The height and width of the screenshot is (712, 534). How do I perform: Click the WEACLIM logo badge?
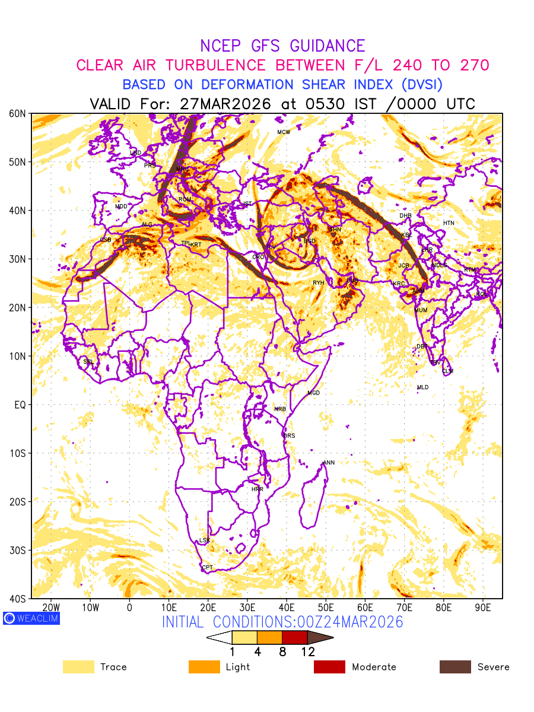pyautogui.click(x=31, y=618)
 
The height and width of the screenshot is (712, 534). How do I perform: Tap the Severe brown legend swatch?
pyautogui.click(x=455, y=667)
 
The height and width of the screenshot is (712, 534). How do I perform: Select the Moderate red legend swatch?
pyautogui.click(x=329, y=667)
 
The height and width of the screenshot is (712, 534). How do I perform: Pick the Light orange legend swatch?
pyautogui.click(x=204, y=667)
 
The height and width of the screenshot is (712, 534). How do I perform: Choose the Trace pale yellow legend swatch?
pyautogui.click(x=78, y=667)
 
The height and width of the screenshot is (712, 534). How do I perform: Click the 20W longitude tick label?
pyautogui.click(x=52, y=608)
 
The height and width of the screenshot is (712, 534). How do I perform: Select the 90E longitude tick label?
pyautogui.click(x=483, y=608)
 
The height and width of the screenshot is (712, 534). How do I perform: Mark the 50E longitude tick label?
pyautogui.click(x=326, y=608)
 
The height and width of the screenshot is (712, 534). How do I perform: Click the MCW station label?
pyautogui.click(x=284, y=132)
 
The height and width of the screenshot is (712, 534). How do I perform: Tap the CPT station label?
pyautogui.click(x=207, y=568)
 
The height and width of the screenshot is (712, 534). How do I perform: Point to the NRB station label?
pyautogui.click(x=280, y=409)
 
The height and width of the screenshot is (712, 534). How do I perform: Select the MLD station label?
pyautogui.click(x=422, y=387)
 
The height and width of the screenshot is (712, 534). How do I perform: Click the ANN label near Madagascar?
pyautogui.click(x=329, y=463)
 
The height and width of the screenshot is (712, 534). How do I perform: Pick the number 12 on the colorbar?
pyautogui.click(x=307, y=651)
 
